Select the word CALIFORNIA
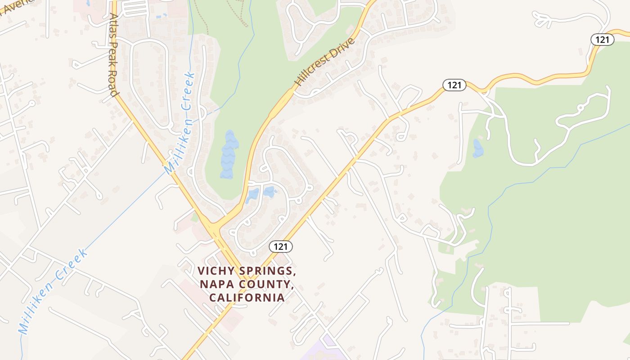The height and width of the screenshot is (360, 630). click(247, 297)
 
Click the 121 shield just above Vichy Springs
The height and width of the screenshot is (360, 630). click(281, 247)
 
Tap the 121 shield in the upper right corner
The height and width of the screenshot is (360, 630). click(602, 40)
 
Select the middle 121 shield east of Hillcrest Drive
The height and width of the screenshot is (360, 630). click(454, 85)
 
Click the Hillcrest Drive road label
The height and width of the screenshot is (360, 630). click(324, 62)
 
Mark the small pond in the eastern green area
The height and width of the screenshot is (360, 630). click(477, 148)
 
